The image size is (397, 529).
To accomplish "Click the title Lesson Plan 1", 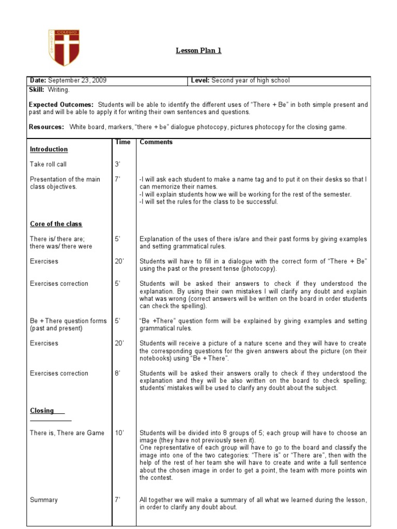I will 199,50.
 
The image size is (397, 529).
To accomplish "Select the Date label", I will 38,81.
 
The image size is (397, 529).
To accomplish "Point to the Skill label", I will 37,90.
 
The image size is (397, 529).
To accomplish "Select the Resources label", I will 47,127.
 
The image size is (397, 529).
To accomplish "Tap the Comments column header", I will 156,142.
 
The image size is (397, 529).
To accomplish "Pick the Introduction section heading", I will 49,149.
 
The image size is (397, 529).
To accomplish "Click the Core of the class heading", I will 56,224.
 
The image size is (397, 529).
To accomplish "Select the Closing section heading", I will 42,411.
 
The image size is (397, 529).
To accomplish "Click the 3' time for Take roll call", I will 117,164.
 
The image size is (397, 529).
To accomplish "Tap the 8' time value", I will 117,373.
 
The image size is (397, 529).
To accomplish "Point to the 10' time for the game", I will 119,433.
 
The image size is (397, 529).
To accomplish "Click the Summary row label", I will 44,500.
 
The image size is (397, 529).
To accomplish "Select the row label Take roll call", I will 48,164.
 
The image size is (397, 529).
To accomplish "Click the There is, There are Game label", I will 67,433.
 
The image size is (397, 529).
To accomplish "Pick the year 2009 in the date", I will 99,81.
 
